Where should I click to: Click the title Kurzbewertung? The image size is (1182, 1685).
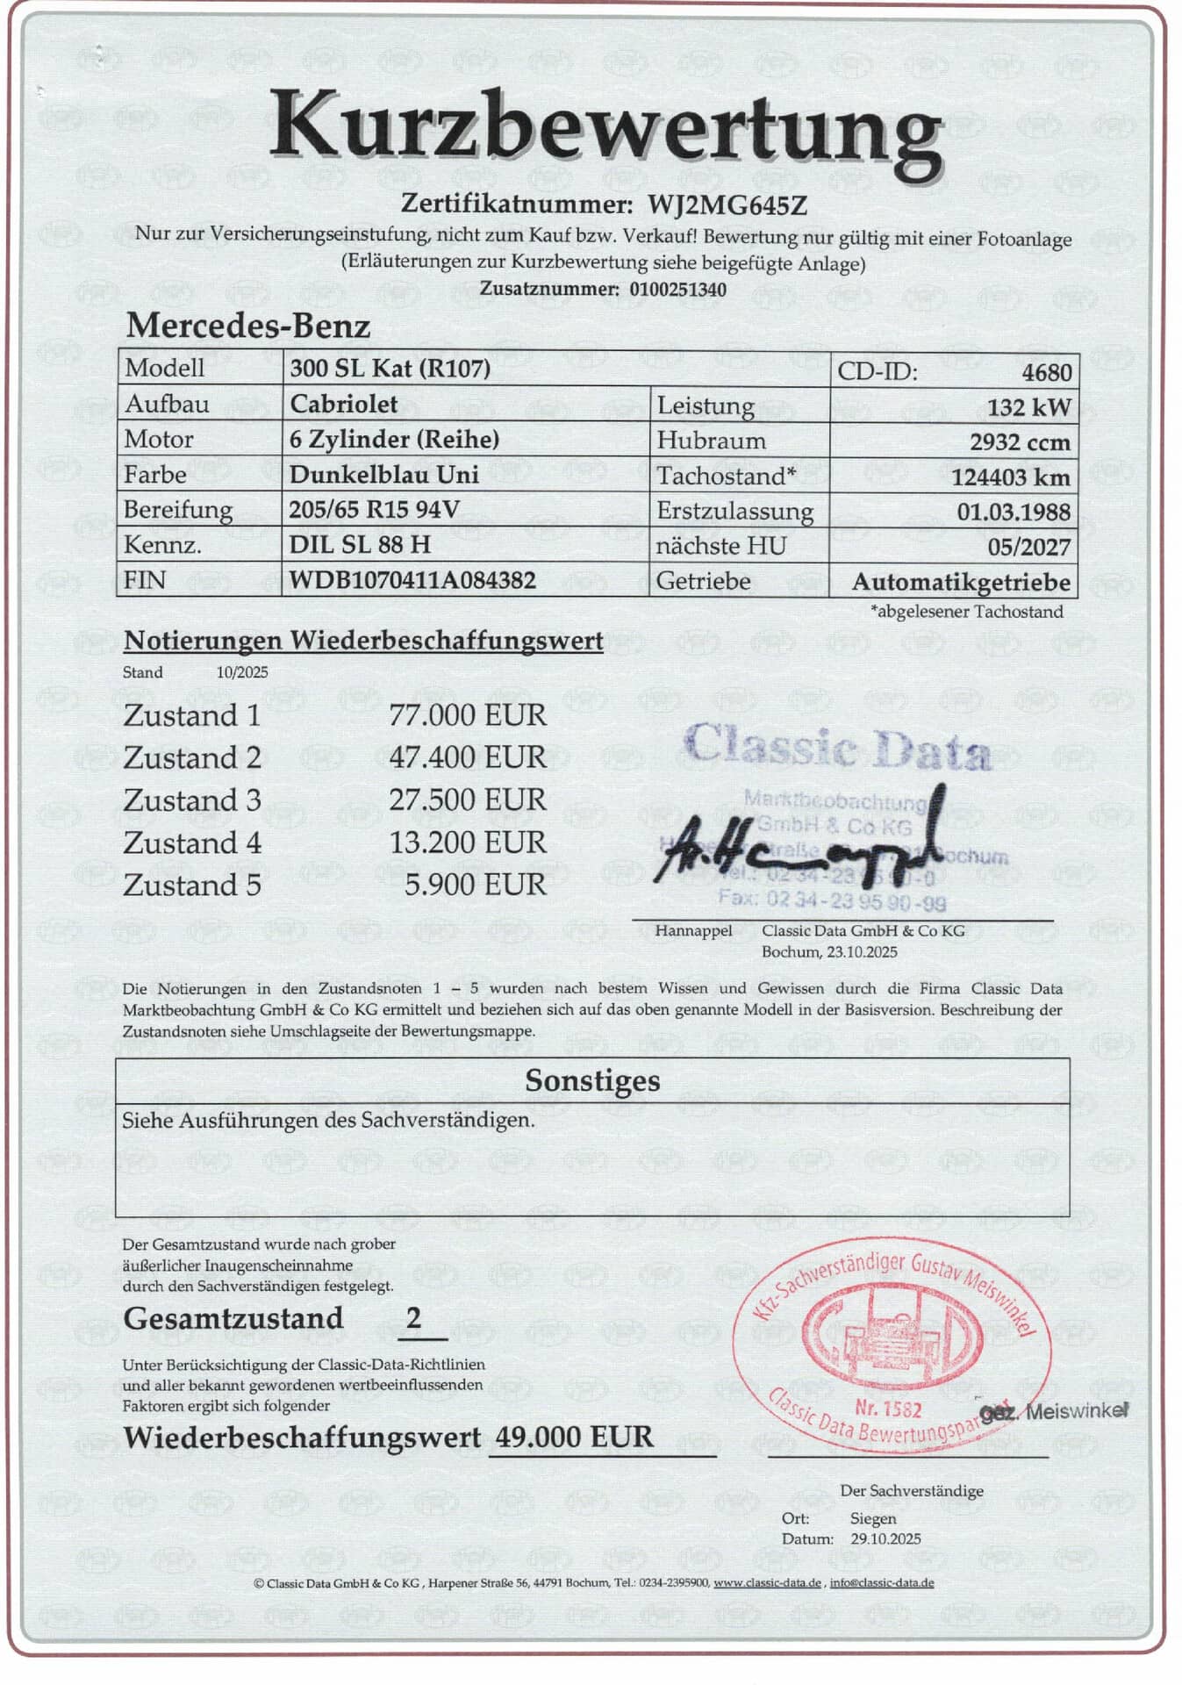(x=605, y=132)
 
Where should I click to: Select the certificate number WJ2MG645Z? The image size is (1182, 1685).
(x=727, y=205)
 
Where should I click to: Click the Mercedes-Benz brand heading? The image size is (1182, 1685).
(x=248, y=326)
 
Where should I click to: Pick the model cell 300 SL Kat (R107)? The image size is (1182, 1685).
(x=390, y=369)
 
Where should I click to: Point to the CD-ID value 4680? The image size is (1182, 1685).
(x=1046, y=372)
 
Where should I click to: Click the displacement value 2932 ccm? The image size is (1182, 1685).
(x=1020, y=442)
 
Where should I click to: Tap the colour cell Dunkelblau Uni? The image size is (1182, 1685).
(x=384, y=475)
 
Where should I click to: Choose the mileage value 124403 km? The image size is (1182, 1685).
(x=1011, y=477)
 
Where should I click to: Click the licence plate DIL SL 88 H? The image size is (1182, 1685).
(x=360, y=545)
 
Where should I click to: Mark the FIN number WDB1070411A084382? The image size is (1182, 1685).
(x=412, y=581)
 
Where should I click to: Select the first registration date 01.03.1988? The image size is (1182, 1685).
(x=1014, y=512)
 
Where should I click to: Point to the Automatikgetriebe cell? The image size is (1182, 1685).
(x=961, y=583)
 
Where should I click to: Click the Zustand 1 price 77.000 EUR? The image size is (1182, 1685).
(x=468, y=715)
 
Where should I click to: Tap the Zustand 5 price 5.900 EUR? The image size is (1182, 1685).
(x=475, y=885)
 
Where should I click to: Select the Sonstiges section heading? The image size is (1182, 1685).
(x=592, y=1080)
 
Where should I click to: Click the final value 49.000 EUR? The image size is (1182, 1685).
(x=575, y=1437)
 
